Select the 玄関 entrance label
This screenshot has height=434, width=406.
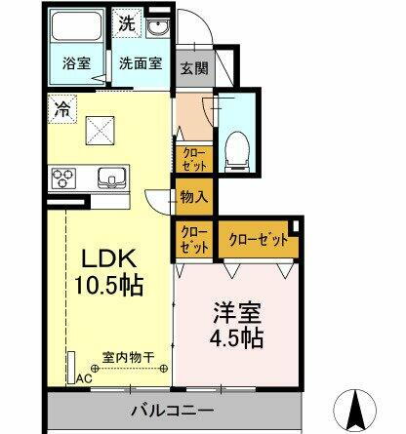click(x=192, y=68)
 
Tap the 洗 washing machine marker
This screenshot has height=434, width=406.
click(x=128, y=20)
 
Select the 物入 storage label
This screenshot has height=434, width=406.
click(x=193, y=197)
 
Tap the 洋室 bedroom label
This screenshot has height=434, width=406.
click(x=234, y=313)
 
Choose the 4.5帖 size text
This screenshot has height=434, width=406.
click(x=235, y=338)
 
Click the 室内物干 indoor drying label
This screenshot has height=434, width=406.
click(x=124, y=358)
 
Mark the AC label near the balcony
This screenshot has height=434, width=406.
click(x=84, y=378)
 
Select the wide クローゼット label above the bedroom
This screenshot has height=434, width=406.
click(x=258, y=238)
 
